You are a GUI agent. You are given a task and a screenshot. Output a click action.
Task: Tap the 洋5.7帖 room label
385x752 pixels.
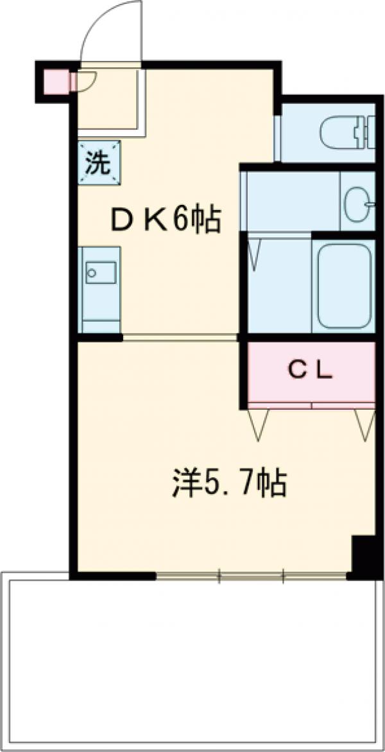coord(228,483)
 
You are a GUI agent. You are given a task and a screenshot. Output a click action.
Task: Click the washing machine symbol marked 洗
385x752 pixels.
coord(99,161)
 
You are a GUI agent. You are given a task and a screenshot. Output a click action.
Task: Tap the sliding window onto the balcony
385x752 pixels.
coord(252,575)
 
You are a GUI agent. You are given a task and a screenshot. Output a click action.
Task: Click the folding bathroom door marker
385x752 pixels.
coord(254,254)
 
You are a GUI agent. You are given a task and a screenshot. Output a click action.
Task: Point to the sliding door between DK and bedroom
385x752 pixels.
coord(180,337)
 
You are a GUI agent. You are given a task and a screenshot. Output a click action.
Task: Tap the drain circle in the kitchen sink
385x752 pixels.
coord(92,273)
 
